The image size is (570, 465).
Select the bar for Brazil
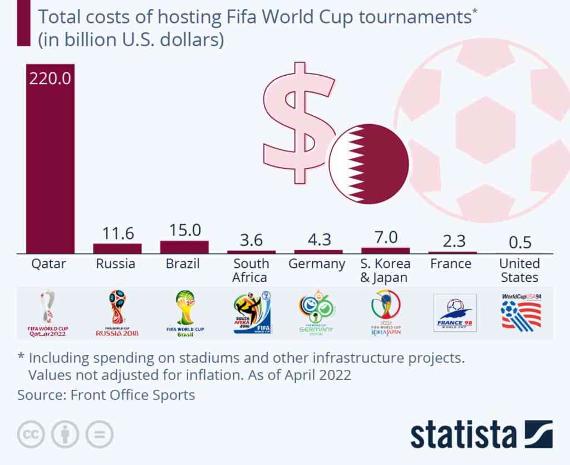tap(184, 247)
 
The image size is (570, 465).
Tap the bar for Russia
tap(117, 248)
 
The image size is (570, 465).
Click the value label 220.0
tap(50, 77)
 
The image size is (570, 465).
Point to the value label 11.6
tap(117, 233)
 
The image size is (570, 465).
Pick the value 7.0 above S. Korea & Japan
tap(385, 237)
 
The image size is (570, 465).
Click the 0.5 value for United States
tap(520, 243)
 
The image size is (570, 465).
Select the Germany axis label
tap(317, 263)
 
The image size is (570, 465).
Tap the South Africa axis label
tap(250, 270)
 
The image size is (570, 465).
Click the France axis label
tap(451, 263)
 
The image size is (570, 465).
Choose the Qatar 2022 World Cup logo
tap(48, 314)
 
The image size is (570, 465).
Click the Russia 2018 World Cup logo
tap(117, 314)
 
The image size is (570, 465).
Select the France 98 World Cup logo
tap(455, 313)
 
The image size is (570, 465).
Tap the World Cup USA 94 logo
tap(521, 312)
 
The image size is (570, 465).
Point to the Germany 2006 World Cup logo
tap(316, 312)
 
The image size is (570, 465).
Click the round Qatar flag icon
tap(368, 164)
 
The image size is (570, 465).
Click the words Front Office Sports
tap(132, 395)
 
